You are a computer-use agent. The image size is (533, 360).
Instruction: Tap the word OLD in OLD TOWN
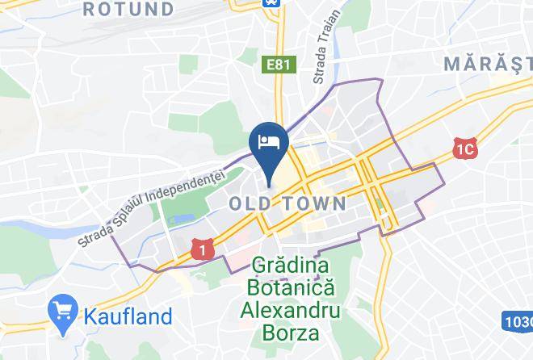pyautogui.click(x=254, y=204)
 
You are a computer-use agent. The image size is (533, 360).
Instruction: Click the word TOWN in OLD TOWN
pyautogui.click(x=316, y=204)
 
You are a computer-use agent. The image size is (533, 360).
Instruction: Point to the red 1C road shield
pyautogui.click(x=463, y=149)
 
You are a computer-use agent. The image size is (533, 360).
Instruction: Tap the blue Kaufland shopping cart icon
pyautogui.click(x=62, y=308)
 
